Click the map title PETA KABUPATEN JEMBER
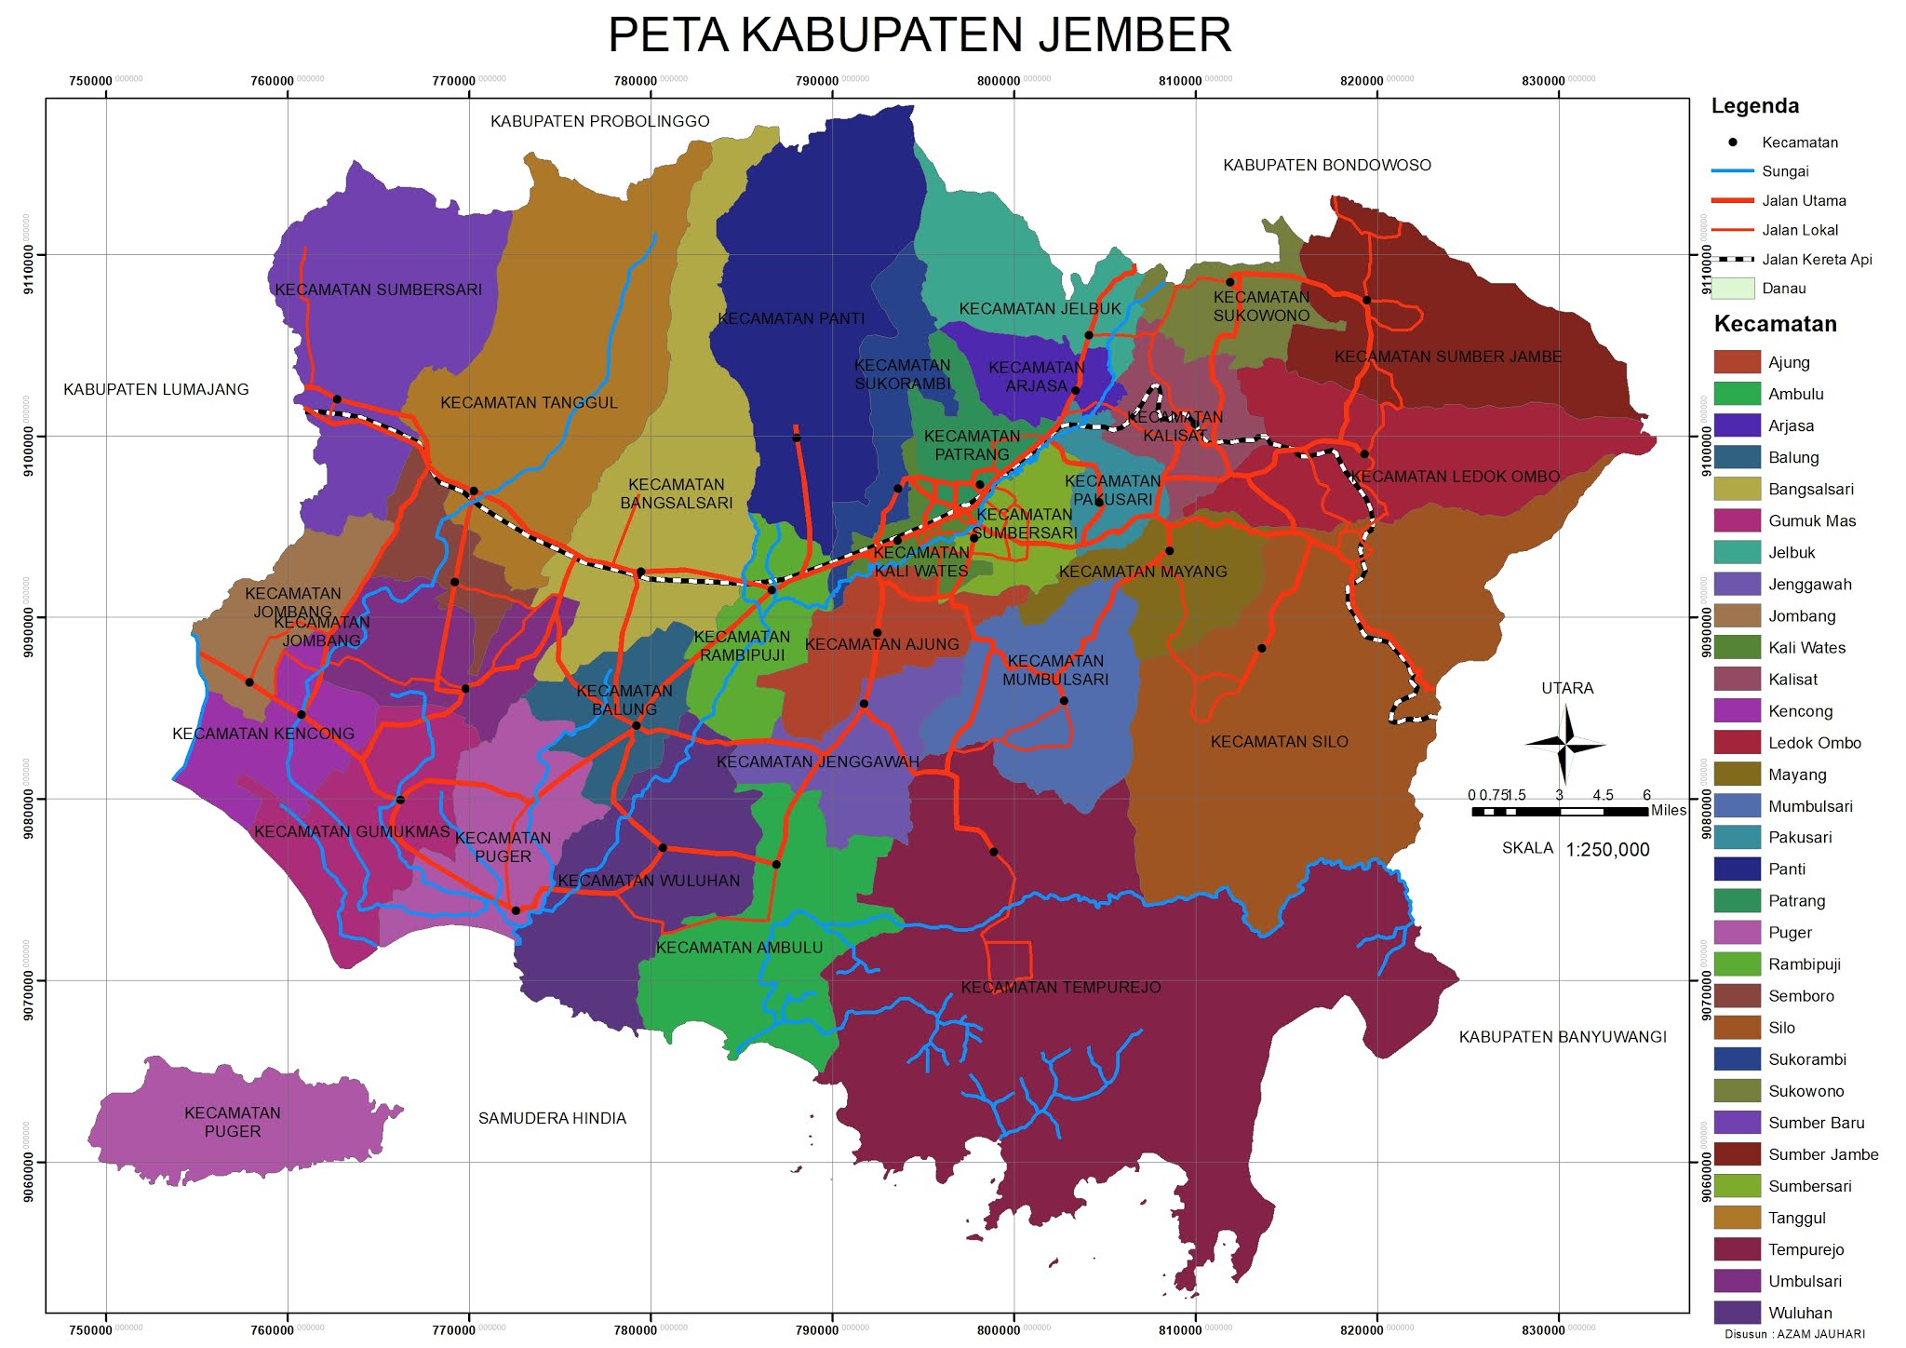(919, 35)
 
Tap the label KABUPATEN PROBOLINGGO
(599, 121)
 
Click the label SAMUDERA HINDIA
(552, 1118)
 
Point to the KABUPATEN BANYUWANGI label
(1562, 1037)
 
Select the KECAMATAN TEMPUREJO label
(1060, 988)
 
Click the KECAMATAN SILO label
(1279, 742)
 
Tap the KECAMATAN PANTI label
(791, 318)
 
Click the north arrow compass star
(1565, 745)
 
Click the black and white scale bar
(1559, 812)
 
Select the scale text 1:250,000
(1607, 850)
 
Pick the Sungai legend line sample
(1732, 171)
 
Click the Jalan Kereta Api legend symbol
(1732, 260)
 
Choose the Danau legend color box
(1732, 289)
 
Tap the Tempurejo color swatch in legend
(1737, 1249)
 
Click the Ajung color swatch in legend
(1737, 362)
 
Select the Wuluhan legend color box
(1737, 1313)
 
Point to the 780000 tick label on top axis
(637, 81)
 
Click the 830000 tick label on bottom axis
(1544, 1330)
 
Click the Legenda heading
(1754, 106)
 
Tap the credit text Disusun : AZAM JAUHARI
(1793, 1334)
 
